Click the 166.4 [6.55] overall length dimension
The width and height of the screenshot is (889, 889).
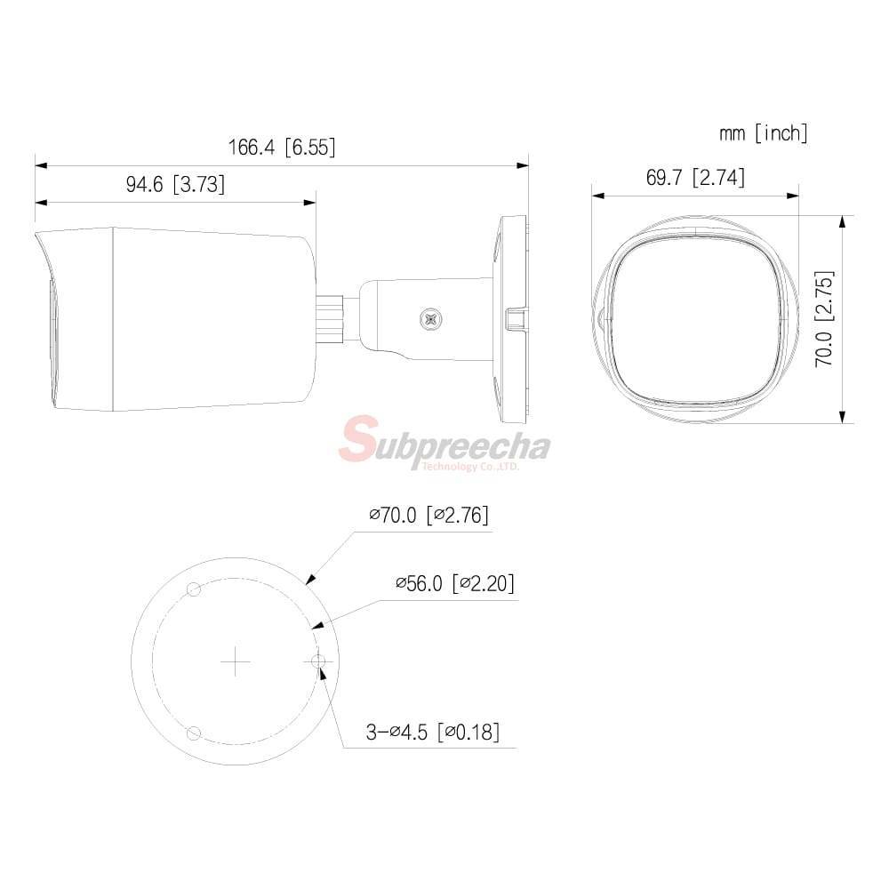click(x=282, y=148)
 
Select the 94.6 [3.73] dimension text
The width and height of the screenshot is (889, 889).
click(x=175, y=184)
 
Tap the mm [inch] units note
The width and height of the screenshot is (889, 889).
click(x=763, y=133)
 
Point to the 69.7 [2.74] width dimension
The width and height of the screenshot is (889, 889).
click(x=695, y=178)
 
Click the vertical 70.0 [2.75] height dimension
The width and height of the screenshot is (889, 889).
click(x=824, y=318)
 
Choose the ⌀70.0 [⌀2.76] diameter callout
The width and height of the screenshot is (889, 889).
click(x=428, y=516)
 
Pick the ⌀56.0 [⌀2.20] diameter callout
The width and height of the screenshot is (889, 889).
click(x=455, y=583)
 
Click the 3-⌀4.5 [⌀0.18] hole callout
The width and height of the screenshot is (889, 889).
click(x=433, y=732)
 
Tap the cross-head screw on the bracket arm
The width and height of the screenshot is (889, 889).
click(x=431, y=319)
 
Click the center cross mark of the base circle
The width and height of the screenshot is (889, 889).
click(x=236, y=661)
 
